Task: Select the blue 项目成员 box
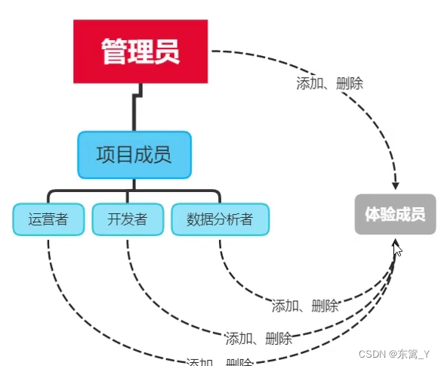(134, 155)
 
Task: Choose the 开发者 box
(127, 220)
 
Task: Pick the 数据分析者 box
(220, 220)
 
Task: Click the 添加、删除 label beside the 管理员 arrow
(330, 83)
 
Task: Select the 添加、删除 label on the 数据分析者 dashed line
(305, 306)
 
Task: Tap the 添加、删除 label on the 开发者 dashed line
(258, 338)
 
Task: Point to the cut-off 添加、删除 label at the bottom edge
(219, 361)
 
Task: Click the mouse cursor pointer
(397, 249)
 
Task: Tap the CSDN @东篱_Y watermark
(393, 354)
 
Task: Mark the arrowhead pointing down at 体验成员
(395, 185)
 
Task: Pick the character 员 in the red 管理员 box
(168, 51)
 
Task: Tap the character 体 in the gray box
(372, 214)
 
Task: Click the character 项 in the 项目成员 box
(106, 155)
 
